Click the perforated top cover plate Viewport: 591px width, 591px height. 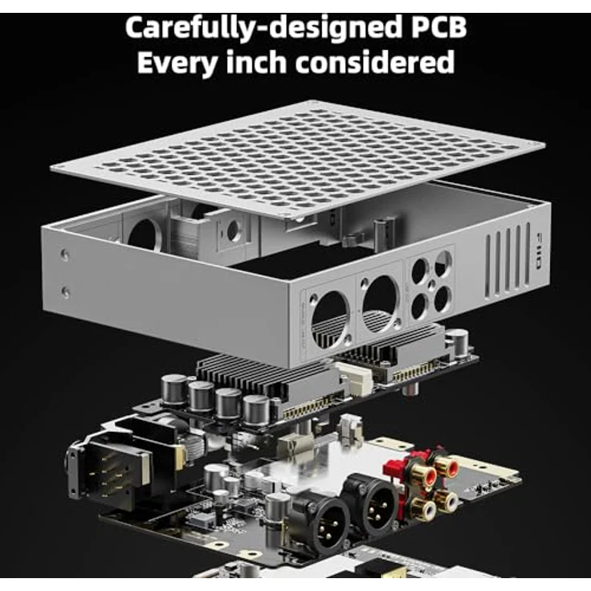click(297, 157)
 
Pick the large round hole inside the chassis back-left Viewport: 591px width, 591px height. click(143, 233)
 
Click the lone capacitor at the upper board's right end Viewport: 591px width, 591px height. click(457, 340)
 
